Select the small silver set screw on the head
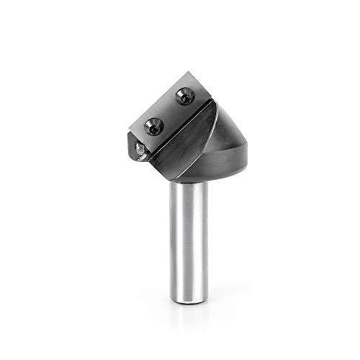(138, 148)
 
